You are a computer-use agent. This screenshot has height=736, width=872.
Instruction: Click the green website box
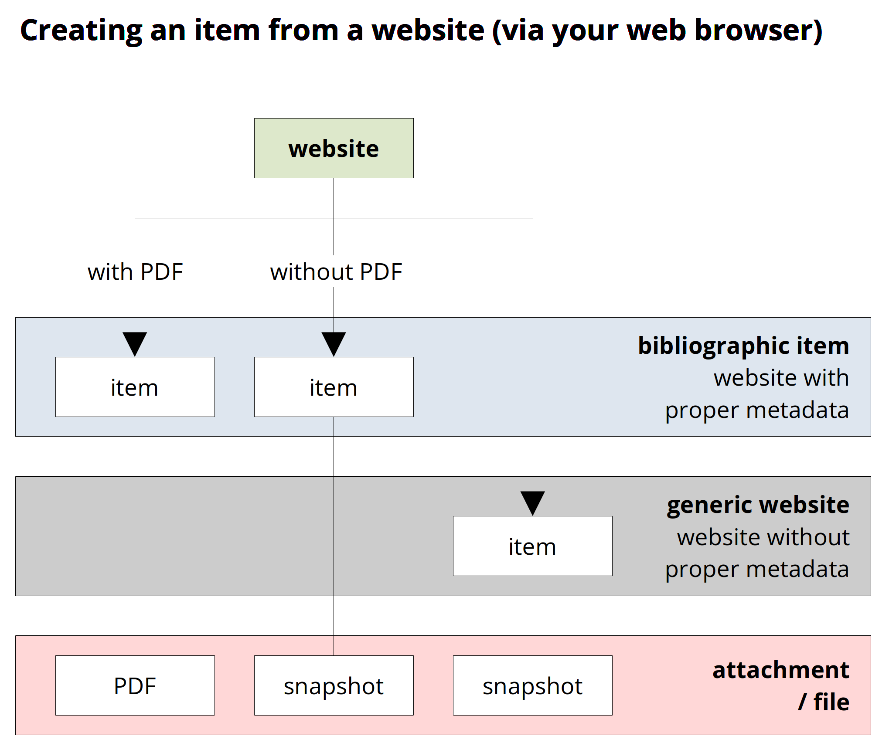click(x=334, y=148)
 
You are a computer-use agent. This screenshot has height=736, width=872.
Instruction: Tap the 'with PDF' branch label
click(x=135, y=272)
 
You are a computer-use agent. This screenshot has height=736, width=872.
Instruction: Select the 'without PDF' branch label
click(x=336, y=272)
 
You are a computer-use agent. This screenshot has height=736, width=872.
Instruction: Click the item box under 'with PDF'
click(x=135, y=387)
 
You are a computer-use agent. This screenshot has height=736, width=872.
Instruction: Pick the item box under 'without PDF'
click(x=334, y=387)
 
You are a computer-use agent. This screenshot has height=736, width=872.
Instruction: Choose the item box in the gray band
click(x=532, y=546)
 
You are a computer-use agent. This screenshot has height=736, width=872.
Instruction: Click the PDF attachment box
click(x=135, y=685)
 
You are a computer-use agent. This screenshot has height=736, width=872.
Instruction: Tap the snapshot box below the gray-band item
click(x=532, y=685)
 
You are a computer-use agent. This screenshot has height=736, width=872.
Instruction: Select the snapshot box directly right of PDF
click(x=334, y=685)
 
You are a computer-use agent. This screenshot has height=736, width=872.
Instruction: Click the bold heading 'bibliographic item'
click(x=743, y=346)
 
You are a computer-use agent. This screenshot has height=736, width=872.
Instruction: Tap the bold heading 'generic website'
click(x=758, y=505)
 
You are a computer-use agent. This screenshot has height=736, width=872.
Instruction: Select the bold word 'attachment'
click(x=780, y=670)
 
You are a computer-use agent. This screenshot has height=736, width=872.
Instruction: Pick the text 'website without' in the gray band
click(x=763, y=537)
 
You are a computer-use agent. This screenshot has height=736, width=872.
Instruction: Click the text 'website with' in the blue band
click(x=781, y=377)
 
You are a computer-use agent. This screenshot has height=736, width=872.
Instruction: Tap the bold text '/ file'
click(x=823, y=702)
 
